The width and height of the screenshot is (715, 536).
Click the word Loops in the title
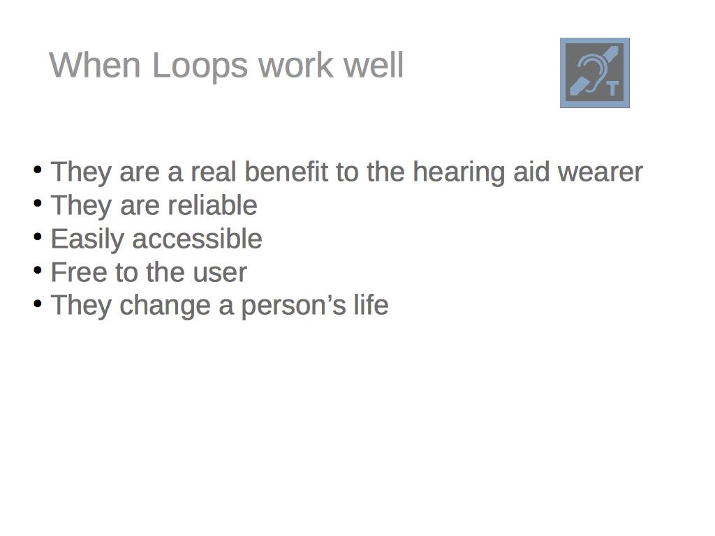[200, 67]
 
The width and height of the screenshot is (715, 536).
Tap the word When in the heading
[95, 65]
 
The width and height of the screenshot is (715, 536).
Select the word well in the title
[374, 65]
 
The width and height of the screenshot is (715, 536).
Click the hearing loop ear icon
[595, 73]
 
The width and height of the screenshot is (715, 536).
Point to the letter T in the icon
[613, 89]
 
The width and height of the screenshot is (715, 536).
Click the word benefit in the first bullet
[286, 172]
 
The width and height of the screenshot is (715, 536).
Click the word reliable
[212, 205]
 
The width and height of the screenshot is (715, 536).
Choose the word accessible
[197, 239]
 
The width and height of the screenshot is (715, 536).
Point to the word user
[220, 274]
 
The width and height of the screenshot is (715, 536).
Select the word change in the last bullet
[165, 307]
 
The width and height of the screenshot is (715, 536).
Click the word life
[371, 305]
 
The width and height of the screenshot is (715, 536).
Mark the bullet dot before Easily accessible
[38, 237]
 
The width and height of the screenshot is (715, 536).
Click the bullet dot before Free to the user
[38, 270]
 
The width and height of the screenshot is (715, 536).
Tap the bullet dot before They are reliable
[38, 203]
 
